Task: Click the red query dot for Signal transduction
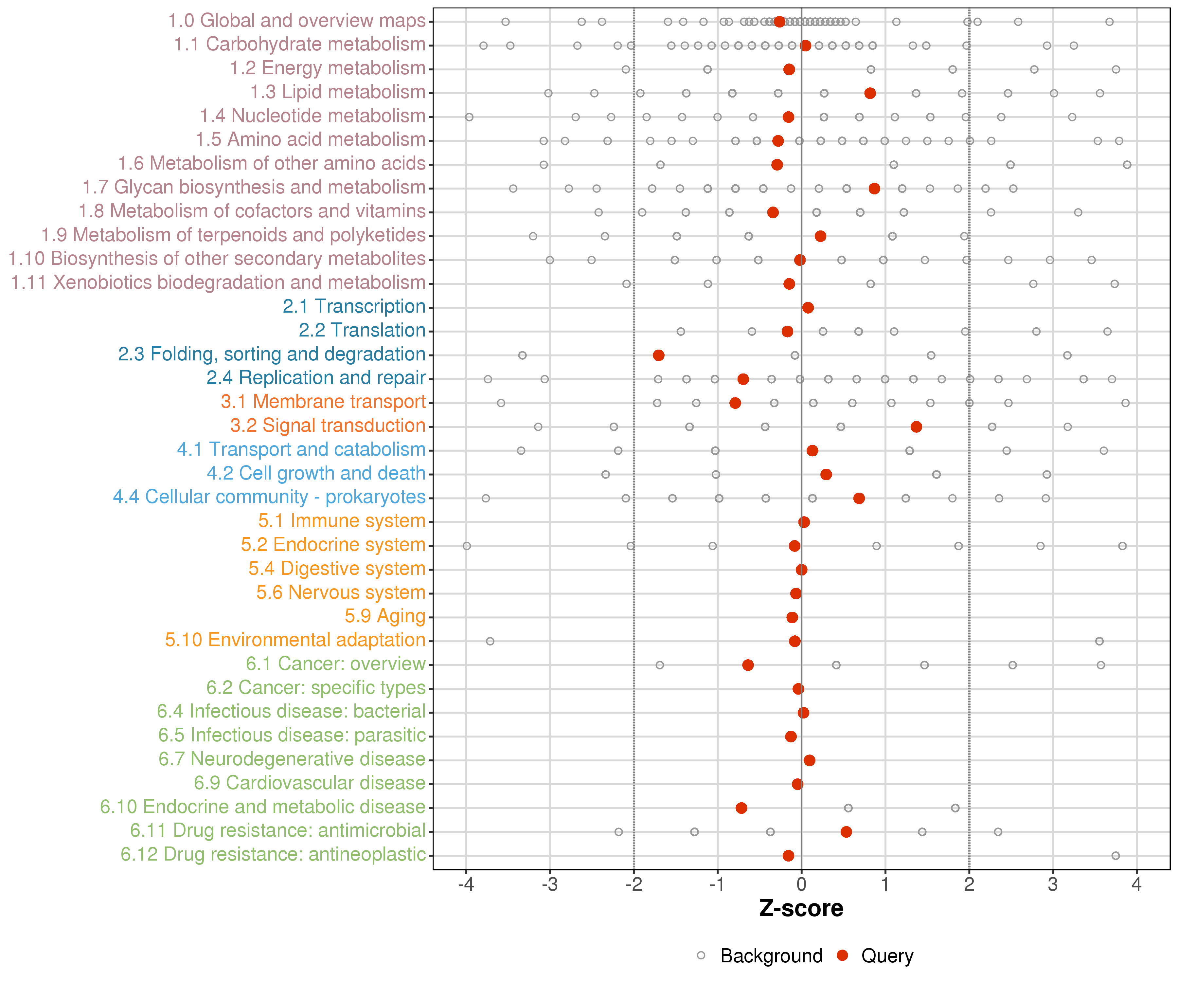[916, 427]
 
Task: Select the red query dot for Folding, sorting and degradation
[659, 355]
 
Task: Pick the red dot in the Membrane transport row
[735, 403]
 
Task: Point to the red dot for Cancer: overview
[748, 665]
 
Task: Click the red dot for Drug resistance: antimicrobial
[846, 832]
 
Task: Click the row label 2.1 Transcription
[354, 306]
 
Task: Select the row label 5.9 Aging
[385, 616]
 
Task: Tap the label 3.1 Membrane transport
[323, 402]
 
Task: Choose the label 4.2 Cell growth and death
[316, 473]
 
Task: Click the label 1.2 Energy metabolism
[328, 68]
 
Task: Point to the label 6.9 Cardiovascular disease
[310, 783]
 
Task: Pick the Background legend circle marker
[701, 955]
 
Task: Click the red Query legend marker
[842, 955]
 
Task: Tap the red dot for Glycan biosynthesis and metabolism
[874, 189]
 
